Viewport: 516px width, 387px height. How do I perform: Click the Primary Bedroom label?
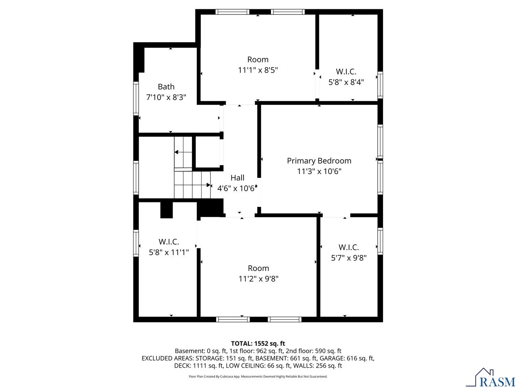tap(319, 161)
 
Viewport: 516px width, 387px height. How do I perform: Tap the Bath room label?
tap(166, 87)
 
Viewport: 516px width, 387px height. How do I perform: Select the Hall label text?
tap(237, 178)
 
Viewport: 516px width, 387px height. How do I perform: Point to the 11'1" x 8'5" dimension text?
tap(258, 70)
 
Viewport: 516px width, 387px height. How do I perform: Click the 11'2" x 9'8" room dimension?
tap(258, 279)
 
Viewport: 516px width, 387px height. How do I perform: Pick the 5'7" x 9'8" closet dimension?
tap(349, 258)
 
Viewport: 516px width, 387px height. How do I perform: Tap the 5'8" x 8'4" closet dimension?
tap(346, 82)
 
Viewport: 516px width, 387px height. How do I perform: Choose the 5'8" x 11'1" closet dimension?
tap(169, 252)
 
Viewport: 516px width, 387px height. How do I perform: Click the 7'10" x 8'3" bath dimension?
tap(166, 97)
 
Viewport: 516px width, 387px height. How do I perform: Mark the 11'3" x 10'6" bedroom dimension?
tap(319, 171)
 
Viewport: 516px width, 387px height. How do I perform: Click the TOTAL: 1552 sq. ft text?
tap(258, 343)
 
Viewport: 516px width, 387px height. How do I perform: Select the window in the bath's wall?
tap(136, 98)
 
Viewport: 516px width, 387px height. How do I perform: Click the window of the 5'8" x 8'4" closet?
tap(380, 85)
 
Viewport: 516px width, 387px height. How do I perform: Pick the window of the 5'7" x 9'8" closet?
tap(380, 241)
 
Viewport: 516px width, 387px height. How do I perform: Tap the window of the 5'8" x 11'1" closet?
tap(136, 243)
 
